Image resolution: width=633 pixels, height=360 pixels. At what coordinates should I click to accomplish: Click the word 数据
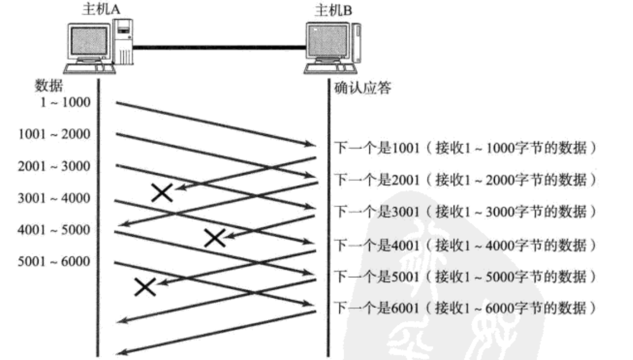[45, 87]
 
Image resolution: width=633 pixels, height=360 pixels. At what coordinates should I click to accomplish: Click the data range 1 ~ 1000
[64, 102]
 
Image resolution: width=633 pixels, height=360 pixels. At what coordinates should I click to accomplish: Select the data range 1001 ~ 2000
[55, 134]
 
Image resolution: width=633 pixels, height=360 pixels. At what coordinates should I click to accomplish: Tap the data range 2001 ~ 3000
[55, 165]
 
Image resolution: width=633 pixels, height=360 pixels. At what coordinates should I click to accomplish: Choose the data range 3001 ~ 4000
[55, 197]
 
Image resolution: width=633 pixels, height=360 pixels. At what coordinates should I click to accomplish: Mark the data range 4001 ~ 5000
[55, 229]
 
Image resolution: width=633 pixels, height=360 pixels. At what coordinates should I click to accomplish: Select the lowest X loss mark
[145, 286]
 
